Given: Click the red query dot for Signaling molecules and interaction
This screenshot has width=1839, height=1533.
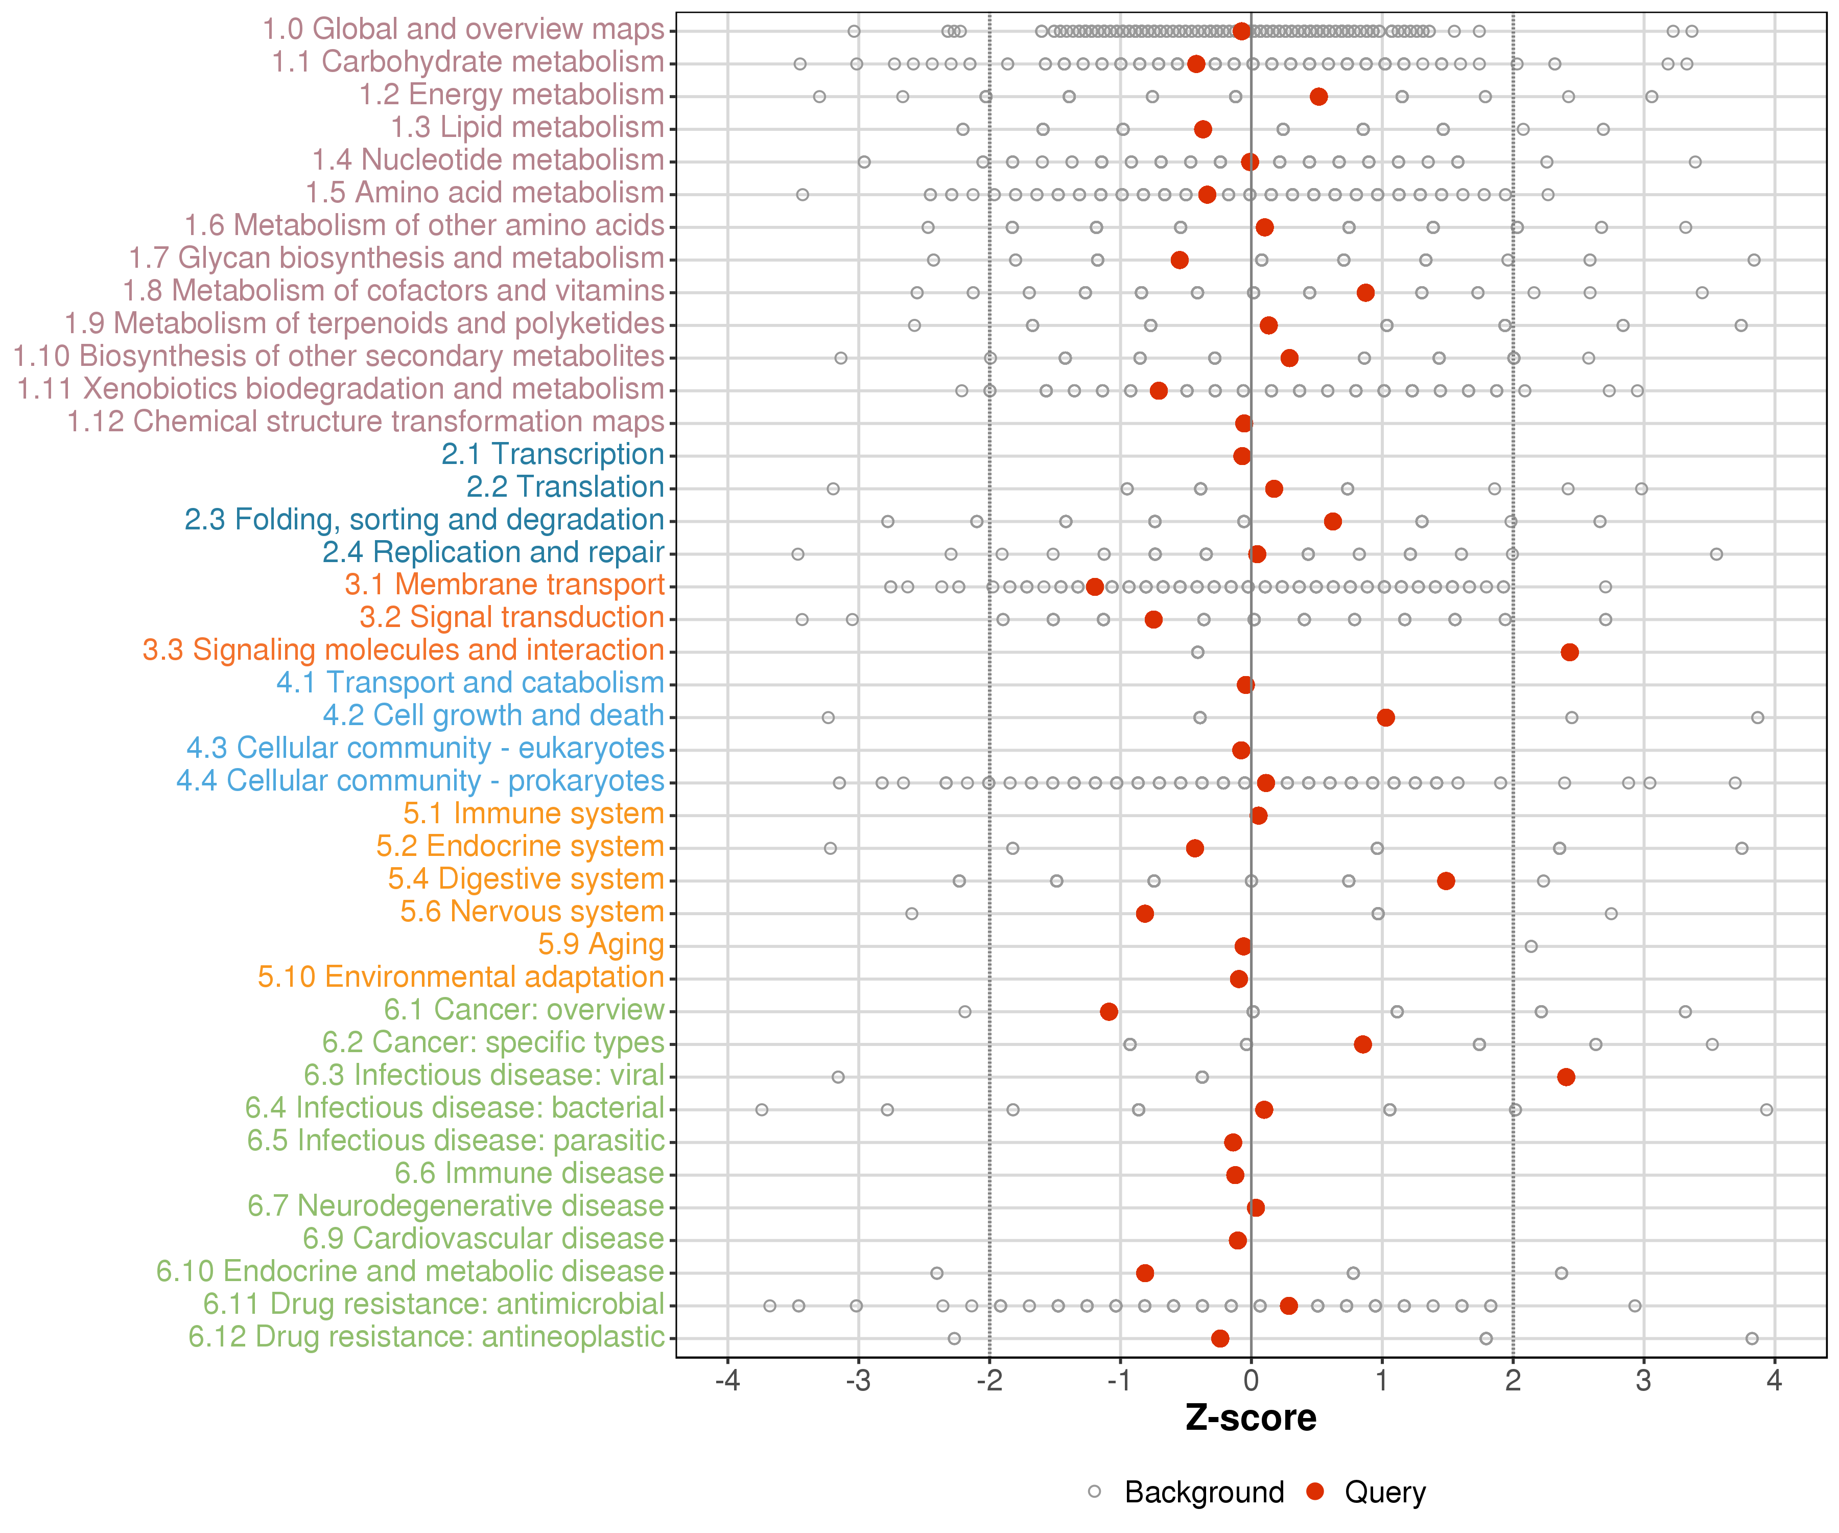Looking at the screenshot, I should (1569, 652).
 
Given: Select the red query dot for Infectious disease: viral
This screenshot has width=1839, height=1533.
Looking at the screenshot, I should (1566, 1077).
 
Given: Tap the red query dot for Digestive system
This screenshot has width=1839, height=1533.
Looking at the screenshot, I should (1446, 880).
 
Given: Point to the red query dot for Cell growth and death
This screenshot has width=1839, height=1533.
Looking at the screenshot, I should (1385, 717).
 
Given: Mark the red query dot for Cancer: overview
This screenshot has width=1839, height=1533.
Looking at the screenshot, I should (1109, 1012).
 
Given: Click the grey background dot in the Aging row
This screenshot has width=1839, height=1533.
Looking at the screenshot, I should (1531, 946).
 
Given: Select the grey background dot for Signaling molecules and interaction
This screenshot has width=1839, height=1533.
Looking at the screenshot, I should (1197, 652).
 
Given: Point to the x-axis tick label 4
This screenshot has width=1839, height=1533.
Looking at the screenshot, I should (1774, 1381).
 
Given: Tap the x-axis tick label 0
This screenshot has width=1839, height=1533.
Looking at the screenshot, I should (1251, 1381).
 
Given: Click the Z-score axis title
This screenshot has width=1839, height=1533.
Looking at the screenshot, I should (1251, 1418).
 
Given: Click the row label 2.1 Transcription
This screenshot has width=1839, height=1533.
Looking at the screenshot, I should (553, 454).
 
